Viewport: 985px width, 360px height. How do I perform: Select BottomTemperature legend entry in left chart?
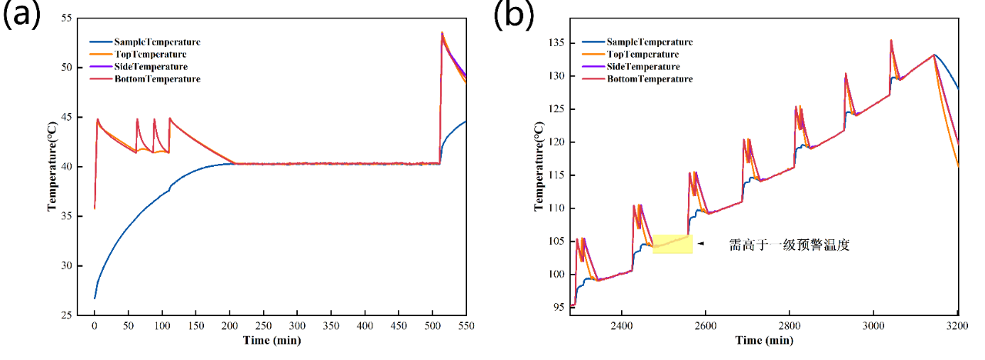point(157,79)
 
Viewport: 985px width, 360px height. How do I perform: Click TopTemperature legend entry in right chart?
point(643,55)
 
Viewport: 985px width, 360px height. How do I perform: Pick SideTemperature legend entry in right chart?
point(644,67)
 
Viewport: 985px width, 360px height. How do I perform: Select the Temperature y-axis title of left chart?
point(52,166)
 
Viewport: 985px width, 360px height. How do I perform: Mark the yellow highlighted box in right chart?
point(672,244)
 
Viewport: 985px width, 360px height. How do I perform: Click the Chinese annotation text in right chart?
point(789,246)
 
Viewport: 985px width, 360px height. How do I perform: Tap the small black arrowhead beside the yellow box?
point(700,244)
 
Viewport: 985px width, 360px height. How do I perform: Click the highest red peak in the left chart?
point(442,33)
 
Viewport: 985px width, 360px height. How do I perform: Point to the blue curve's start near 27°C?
point(95,297)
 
